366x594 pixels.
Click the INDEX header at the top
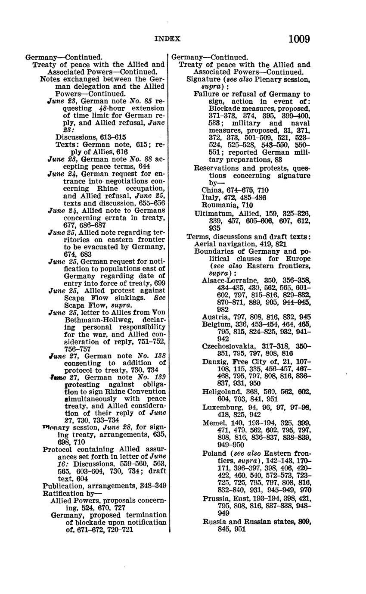point(167,39)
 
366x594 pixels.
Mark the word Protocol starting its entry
point(57,449)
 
